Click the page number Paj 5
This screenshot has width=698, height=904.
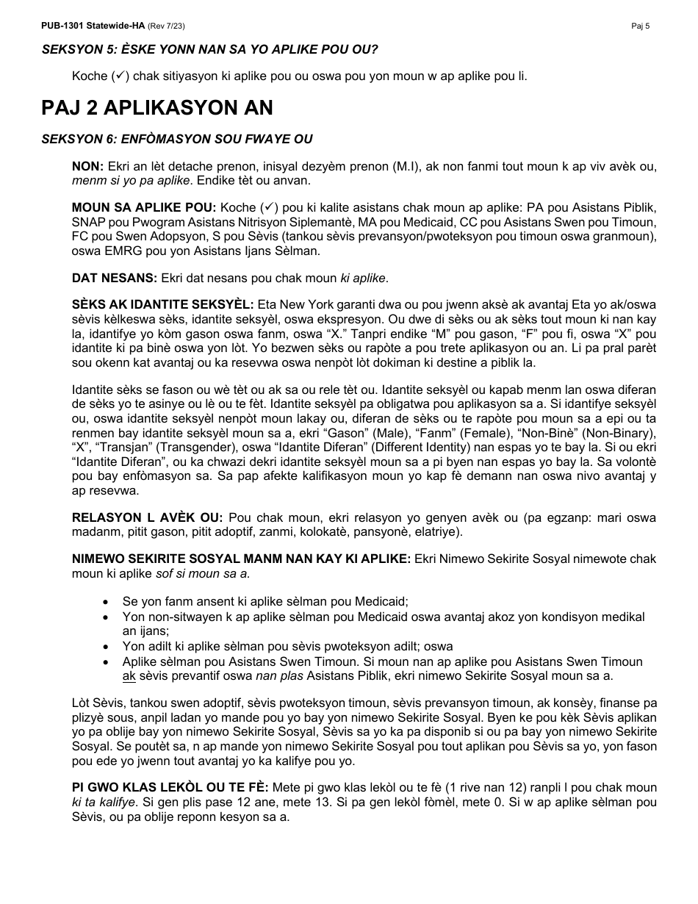pos(640,26)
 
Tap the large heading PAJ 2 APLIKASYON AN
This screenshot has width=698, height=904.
pos(156,108)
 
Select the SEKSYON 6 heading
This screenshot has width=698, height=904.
pos(176,139)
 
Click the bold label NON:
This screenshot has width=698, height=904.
pos(87,167)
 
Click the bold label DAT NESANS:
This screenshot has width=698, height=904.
pos(114,278)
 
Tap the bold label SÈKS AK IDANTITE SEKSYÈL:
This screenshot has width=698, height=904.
pos(162,304)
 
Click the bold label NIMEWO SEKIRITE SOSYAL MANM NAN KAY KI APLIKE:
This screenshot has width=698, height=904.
pos(241,559)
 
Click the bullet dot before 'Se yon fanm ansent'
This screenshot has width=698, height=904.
pos(108,601)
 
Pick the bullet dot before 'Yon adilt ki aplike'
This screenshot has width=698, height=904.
pos(108,646)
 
